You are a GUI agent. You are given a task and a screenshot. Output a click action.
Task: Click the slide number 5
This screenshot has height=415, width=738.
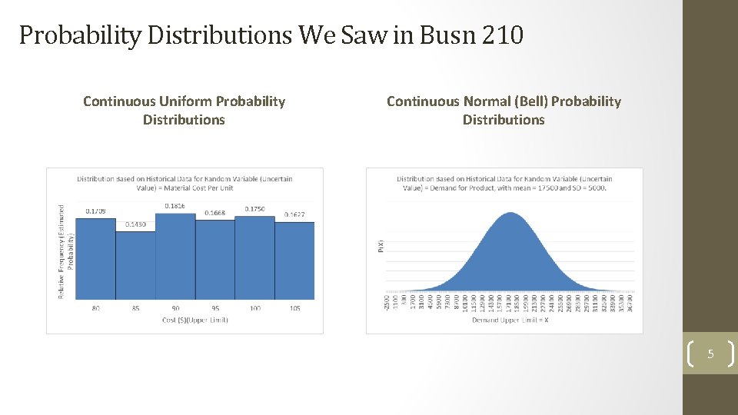point(710,354)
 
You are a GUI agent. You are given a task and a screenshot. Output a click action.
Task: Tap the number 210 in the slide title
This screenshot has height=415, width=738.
point(503,35)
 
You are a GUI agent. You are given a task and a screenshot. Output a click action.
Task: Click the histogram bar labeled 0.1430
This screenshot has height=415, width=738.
point(135,265)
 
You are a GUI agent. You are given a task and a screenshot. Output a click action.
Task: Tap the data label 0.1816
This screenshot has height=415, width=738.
point(175,206)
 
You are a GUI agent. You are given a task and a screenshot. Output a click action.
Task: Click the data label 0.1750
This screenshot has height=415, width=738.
point(255,208)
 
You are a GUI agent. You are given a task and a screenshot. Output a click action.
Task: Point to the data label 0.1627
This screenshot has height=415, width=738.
point(295,214)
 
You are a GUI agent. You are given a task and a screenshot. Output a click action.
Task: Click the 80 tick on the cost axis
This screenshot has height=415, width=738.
point(95,308)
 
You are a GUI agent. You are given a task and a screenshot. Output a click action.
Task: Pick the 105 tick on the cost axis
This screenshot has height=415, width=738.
point(295,308)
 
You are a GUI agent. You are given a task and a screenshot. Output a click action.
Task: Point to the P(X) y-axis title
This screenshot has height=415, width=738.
point(379,246)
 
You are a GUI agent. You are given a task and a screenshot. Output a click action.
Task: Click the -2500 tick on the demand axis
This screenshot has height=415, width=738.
point(386,302)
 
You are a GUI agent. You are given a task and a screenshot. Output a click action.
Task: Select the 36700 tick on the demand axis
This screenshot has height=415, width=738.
point(630,302)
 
